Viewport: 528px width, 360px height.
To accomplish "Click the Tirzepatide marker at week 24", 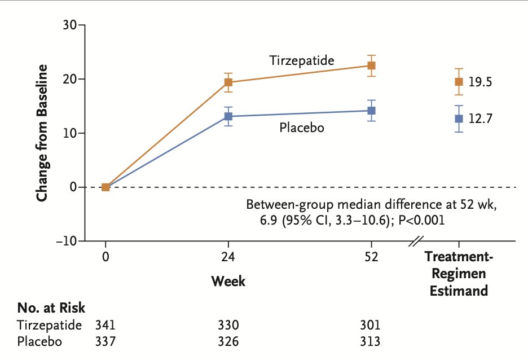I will pos(228,82).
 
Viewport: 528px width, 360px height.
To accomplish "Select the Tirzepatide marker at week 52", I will pos(371,65).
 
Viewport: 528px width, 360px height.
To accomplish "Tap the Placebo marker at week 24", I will pos(228,116).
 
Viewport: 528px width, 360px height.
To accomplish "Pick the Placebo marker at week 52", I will pos(371,111).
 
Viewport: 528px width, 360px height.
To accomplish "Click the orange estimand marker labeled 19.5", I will pos(459,82).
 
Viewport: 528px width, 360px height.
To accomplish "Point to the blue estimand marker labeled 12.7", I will pos(459,118).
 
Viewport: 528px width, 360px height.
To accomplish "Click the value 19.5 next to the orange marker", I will pos(480,82).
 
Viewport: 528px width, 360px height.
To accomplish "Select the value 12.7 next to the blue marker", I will pos(480,119).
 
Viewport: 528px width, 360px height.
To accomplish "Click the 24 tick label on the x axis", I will pos(228,258).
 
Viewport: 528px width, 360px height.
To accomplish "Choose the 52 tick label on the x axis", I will pos(371,258).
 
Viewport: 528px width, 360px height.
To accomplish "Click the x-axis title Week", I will pos(228,280).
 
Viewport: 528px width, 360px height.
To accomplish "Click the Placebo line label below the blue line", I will pos(302,128).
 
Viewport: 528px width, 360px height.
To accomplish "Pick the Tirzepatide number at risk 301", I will pos(371,326).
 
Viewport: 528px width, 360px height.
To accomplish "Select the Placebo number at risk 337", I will pos(105,341).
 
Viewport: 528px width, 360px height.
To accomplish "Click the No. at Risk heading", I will pos(51,308).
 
